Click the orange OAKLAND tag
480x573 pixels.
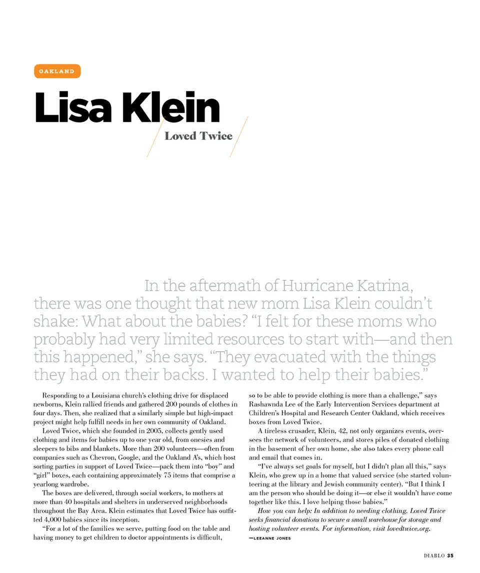57,71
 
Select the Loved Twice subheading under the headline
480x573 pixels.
198,136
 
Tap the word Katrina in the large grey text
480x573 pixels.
384,286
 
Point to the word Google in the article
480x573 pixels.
124,449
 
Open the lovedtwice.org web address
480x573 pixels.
408,528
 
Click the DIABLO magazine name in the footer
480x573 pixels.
431,556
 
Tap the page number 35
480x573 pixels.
450,556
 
